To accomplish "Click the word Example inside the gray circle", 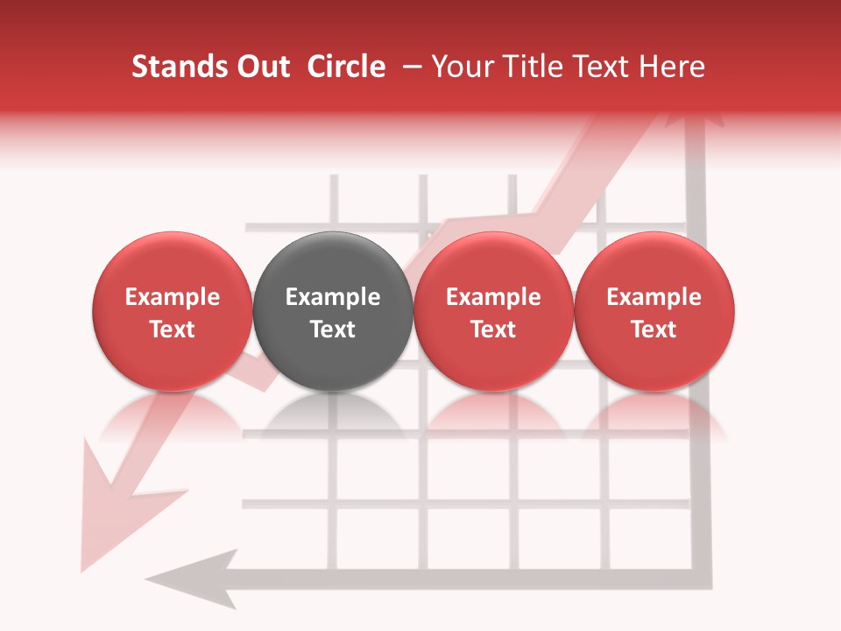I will pyautogui.click(x=333, y=297).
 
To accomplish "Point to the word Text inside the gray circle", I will pyautogui.click(x=333, y=330).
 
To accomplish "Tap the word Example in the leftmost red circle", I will pyautogui.click(x=173, y=297).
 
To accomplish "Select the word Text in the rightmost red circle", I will pyautogui.click(x=654, y=330).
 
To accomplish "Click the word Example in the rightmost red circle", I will pyautogui.click(x=654, y=297).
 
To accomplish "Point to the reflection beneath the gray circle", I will pyautogui.click(x=333, y=416).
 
